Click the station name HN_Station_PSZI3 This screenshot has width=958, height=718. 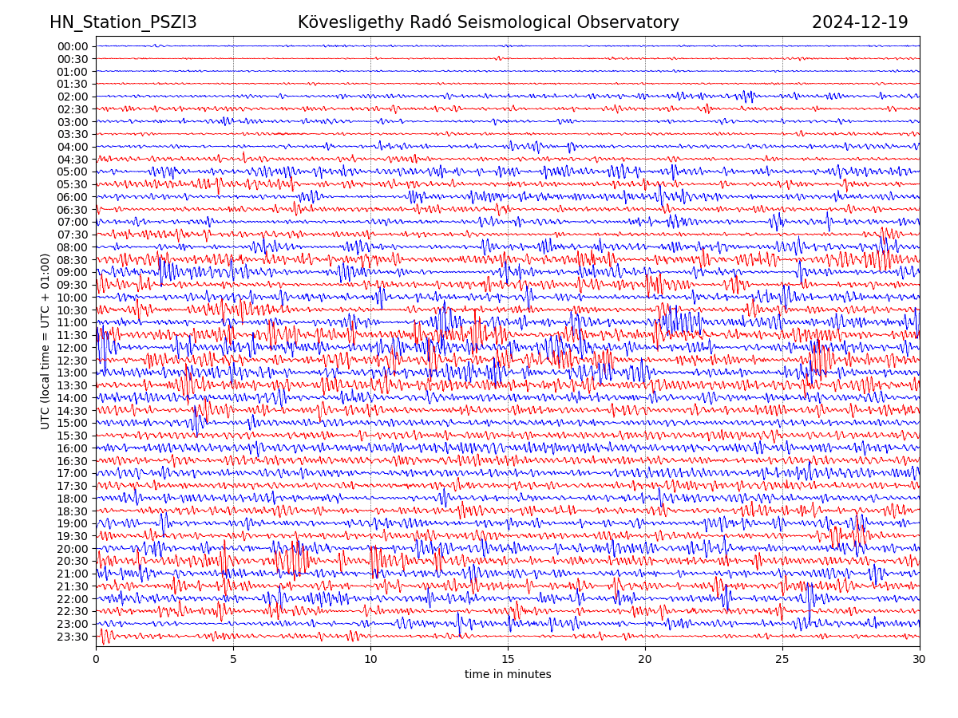click(123, 22)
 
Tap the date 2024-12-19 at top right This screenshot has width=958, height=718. click(860, 22)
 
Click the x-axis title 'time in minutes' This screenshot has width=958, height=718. click(508, 674)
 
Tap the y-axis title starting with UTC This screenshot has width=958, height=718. click(46, 341)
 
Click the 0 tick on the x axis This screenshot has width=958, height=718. click(96, 659)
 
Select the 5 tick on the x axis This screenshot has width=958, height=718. click(233, 659)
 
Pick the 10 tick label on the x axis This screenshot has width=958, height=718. click(370, 659)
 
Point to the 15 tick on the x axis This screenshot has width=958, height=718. click(508, 659)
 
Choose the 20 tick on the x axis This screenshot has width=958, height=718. click(645, 659)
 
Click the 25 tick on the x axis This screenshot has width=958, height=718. click(782, 659)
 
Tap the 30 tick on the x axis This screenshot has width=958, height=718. click(920, 659)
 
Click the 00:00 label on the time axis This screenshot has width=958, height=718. click(73, 46)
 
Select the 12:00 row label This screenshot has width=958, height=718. click(73, 348)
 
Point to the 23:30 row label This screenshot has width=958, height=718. click(73, 637)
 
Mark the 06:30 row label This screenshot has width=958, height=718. click(73, 210)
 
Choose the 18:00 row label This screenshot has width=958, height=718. click(73, 499)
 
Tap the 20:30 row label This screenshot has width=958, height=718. click(73, 562)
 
